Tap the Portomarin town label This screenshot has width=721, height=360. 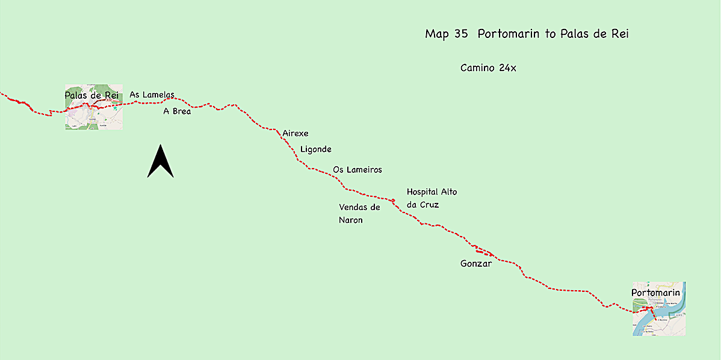click(655, 293)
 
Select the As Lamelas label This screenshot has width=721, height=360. click(152, 95)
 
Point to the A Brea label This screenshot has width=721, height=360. click(177, 111)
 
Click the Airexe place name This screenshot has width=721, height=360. click(296, 133)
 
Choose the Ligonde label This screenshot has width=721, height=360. click(315, 149)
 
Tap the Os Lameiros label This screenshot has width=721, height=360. click(357, 170)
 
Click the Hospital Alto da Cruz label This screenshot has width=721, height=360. click(432, 198)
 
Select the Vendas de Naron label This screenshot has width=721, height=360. click(359, 214)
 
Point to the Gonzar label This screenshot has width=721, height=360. click(476, 263)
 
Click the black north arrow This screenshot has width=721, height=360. click(160, 161)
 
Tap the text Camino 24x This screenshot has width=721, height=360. click(488, 68)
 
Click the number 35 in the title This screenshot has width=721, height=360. click(462, 34)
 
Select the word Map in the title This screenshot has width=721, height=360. click(437, 34)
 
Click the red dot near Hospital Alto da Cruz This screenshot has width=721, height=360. click(392, 200)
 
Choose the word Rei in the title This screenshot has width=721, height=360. click(619, 34)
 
